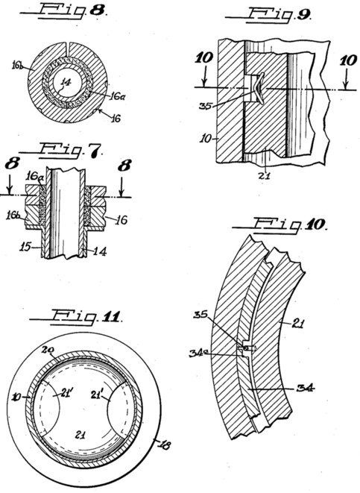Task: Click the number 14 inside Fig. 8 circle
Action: pos(66,82)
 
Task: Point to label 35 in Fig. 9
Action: pos(206,106)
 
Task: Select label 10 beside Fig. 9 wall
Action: pos(205,138)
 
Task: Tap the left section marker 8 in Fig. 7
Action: pos(12,164)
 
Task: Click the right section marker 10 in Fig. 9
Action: pos(348,60)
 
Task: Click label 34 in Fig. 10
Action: pos(306,389)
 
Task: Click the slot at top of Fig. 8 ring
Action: pos(68,45)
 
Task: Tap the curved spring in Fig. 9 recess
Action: pos(260,88)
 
